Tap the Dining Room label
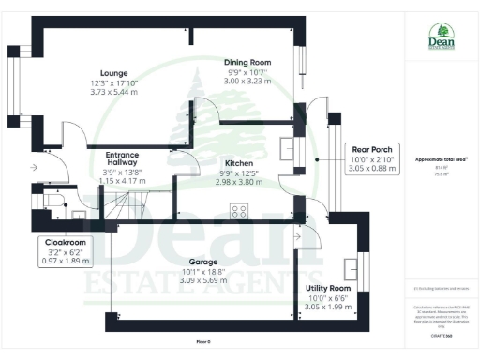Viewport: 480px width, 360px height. (x=247, y=62)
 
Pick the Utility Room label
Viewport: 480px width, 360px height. (x=328, y=288)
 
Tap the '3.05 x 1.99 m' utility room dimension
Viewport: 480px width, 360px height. (x=328, y=307)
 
